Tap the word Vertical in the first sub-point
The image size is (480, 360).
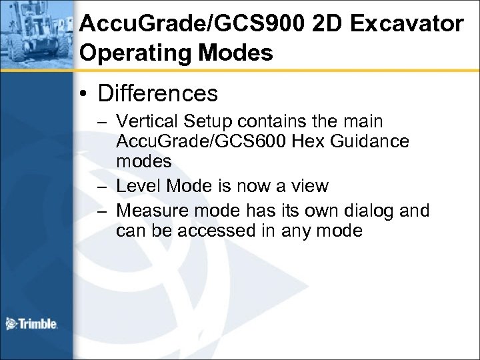(141, 122)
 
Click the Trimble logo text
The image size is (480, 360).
(39, 325)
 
